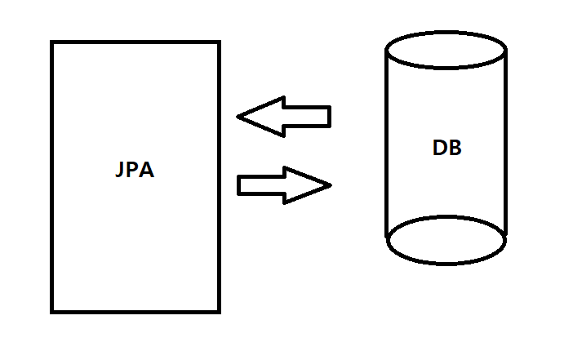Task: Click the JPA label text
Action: click(135, 171)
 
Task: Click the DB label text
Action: click(447, 149)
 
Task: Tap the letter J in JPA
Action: click(121, 172)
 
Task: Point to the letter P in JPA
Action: click(134, 171)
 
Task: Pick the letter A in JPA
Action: click(147, 171)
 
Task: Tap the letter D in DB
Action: click(440, 149)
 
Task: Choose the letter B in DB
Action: click(455, 149)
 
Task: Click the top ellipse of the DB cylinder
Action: click(446, 49)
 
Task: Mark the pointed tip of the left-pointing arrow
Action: click(238, 117)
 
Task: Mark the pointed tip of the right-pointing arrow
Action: click(330, 185)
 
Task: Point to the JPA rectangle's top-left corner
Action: click(52, 42)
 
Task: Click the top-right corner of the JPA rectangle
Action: click(220, 42)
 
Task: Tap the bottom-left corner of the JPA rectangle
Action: click(52, 312)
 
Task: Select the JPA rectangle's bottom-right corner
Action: click(220, 312)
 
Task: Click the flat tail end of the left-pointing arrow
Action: click(329, 117)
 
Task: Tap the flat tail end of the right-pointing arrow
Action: click(239, 185)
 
